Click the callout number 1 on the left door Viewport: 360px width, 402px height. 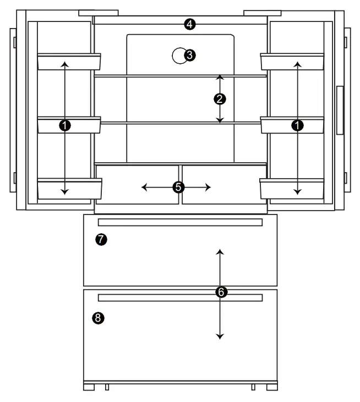(x=65, y=126)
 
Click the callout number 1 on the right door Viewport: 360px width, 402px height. (x=298, y=126)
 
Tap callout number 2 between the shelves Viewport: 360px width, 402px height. (x=220, y=99)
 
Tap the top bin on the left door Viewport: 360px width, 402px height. (x=69, y=62)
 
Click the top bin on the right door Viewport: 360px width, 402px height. (x=292, y=62)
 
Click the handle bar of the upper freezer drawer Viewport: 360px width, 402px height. (x=180, y=222)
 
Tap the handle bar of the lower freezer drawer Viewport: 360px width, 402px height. (x=180, y=298)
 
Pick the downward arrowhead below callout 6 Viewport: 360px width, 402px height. (x=220, y=336)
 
